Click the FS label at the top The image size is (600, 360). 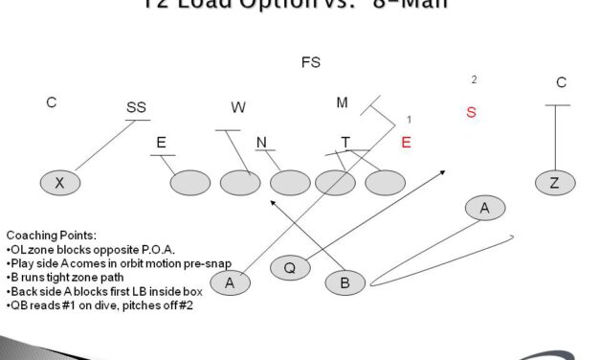[x=310, y=63]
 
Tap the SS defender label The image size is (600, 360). [x=136, y=108]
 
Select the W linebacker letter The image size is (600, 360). [x=238, y=108]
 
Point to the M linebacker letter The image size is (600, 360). [x=342, y=102]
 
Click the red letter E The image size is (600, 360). [x=406, y=143]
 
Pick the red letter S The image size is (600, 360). [x=471, y=113]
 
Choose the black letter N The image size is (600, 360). [x=261, y=143]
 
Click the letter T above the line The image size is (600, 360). [x=345, y=143]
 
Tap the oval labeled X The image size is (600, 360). [x=59, y=182]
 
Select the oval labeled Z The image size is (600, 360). [x=555, y=182]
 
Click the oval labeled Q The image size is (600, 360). [x=289, y=268]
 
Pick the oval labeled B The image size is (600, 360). [x=344, y=281]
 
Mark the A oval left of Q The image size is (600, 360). [x=230, y=281]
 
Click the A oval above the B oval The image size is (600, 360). [x=485, y=208]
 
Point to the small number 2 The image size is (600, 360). [x=474, y=80]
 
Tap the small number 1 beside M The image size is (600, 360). [x=409, y=120]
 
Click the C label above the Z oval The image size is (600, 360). [x=561, y=83]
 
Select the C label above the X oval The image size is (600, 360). [x=52, y=102]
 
